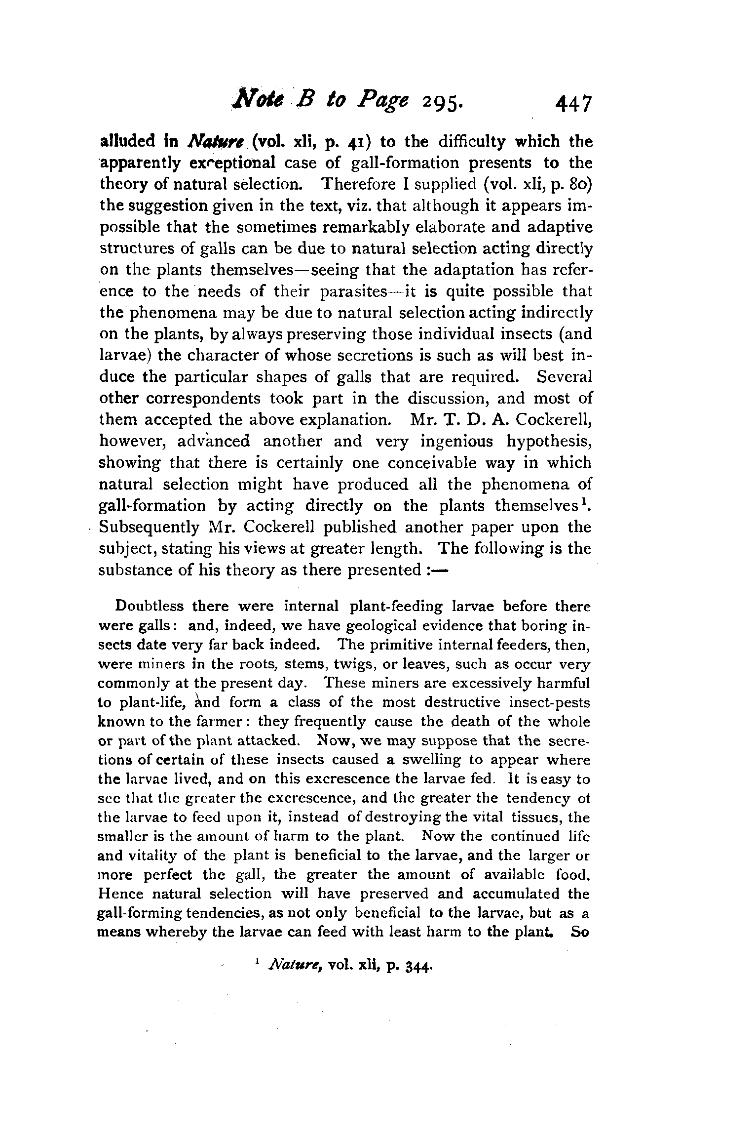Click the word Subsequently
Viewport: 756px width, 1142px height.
[149, 528]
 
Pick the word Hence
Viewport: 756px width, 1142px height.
[121, 894]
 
